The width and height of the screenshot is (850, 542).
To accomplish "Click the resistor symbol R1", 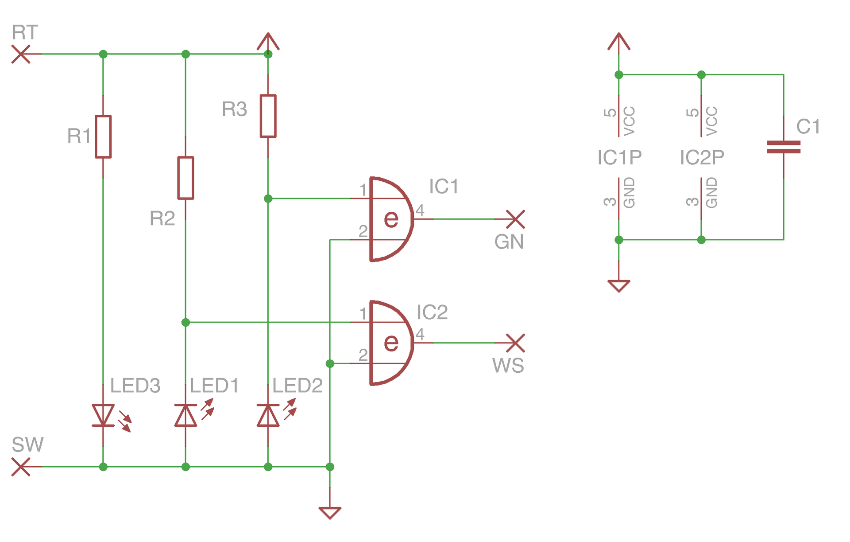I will (x=103, y=136).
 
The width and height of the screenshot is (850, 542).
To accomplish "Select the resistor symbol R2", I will (x=185, y=178).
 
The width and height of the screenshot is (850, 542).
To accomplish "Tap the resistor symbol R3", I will (x=268, y=116).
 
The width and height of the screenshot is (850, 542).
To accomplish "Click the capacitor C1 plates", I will (x=784, y=147).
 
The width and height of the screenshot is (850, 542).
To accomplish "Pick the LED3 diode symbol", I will (x=103, y=415).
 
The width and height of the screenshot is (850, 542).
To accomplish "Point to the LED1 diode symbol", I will (x=185, y=415).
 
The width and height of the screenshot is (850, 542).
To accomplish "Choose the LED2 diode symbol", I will (x=268, y=415).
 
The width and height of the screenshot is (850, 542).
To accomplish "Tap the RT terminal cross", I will (x=21, y=54).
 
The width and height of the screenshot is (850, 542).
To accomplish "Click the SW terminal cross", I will (x=21, y=467).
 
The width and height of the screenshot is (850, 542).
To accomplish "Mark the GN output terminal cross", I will (x=515, y=219).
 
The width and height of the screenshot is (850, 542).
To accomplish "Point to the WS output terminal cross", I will (x=515, y=343).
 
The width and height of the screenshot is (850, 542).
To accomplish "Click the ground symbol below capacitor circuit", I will (x=619, y=285).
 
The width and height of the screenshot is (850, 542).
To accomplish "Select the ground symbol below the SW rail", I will (x=330, y=512).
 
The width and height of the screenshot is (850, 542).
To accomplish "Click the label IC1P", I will (x=619, y=157).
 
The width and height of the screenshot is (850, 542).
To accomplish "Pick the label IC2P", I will (x=702, y=157).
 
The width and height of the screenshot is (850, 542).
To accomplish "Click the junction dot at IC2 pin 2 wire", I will (x=330, y=363).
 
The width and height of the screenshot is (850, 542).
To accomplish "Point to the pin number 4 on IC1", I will (x=420, y=210).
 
